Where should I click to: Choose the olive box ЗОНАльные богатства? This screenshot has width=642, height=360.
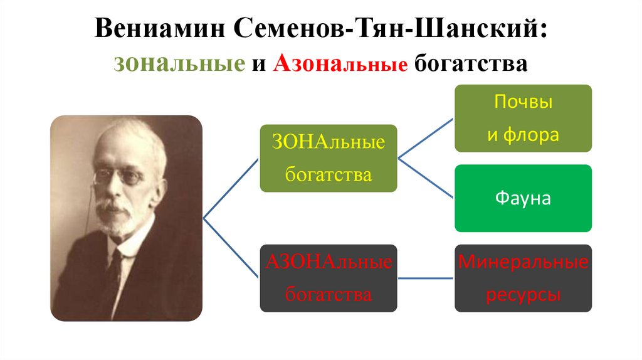(328, 158)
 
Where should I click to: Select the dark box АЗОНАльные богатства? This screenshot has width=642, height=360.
(328, 278)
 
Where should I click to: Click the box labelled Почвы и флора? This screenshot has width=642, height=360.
(523, 118)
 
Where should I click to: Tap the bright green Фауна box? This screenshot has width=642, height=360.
(523, 198)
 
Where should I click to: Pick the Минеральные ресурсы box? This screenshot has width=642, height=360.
(523, 278)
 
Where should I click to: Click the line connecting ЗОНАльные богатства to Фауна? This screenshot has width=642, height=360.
(426, 178)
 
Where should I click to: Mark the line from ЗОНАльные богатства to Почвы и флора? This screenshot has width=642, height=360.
(426, 138)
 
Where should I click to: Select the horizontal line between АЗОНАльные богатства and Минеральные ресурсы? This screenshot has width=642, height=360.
(426, 278)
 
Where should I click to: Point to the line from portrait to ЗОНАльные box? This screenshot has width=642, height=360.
(231, 188)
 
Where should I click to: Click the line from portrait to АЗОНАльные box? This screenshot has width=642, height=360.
(231, 248)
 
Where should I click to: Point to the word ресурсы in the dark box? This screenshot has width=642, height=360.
(523, 294)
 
